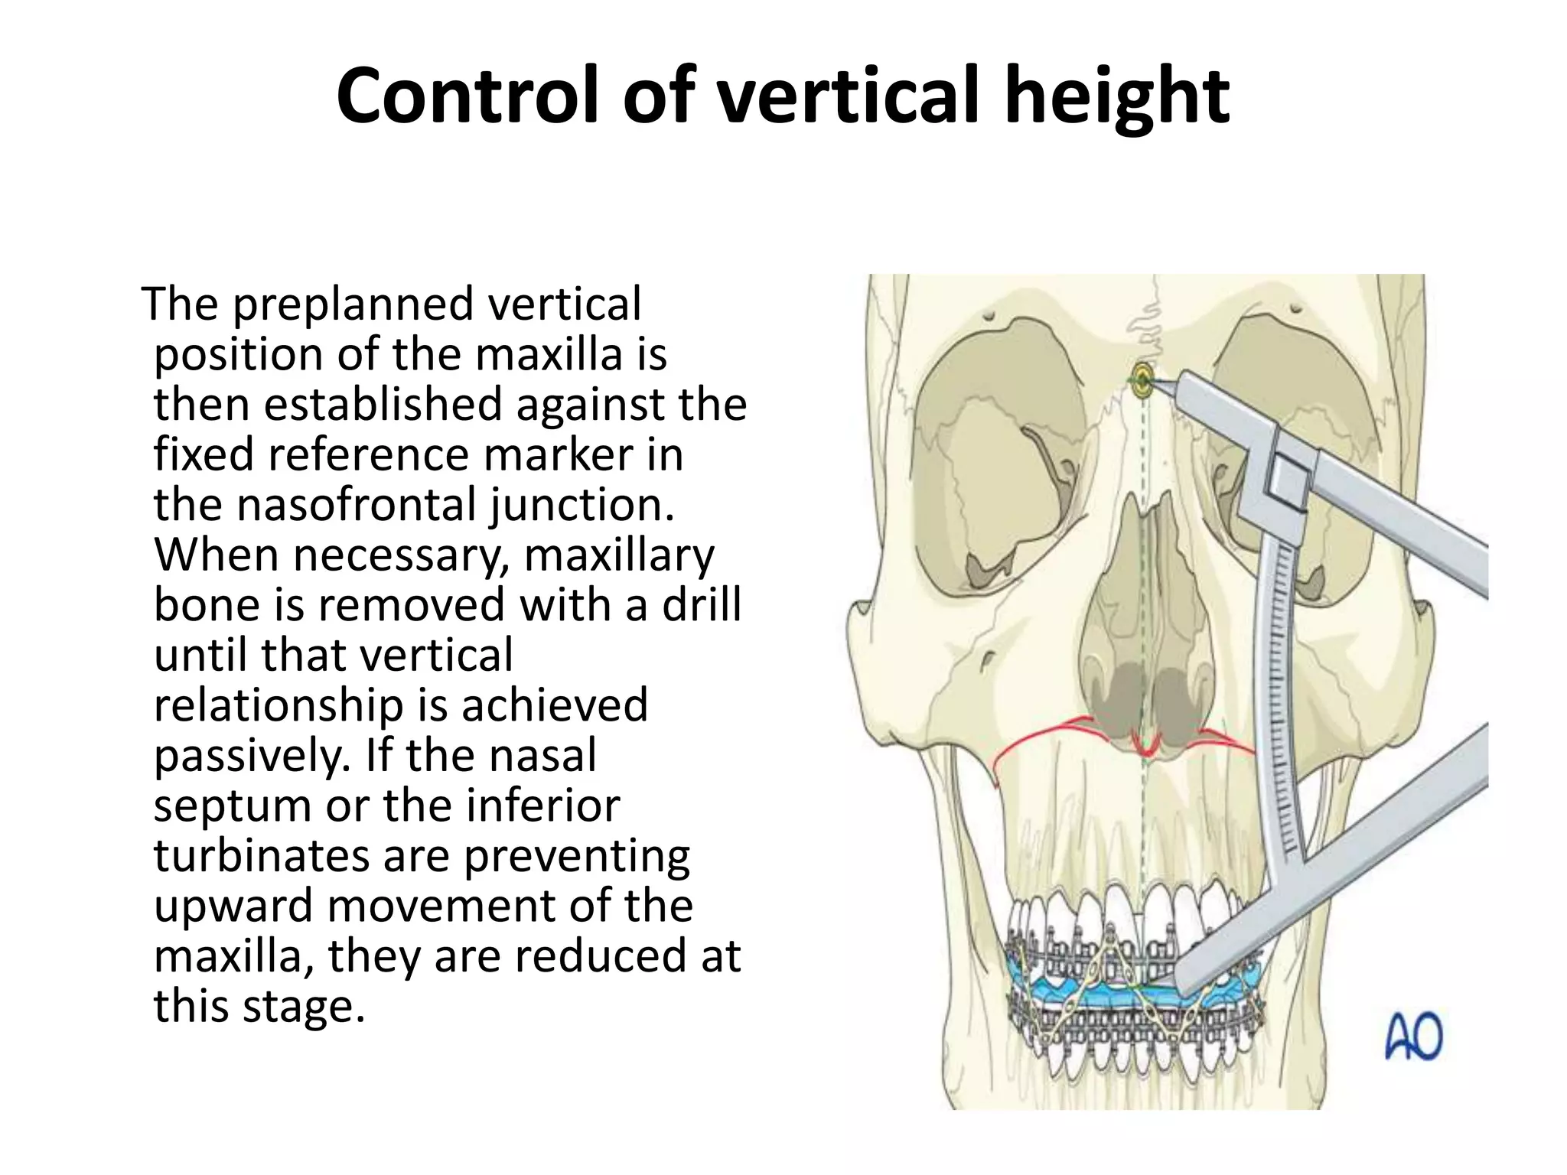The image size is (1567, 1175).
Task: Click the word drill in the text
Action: [701, 604]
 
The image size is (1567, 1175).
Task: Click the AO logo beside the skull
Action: [1413, 1036]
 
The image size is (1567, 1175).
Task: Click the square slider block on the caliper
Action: [1288, 480]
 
